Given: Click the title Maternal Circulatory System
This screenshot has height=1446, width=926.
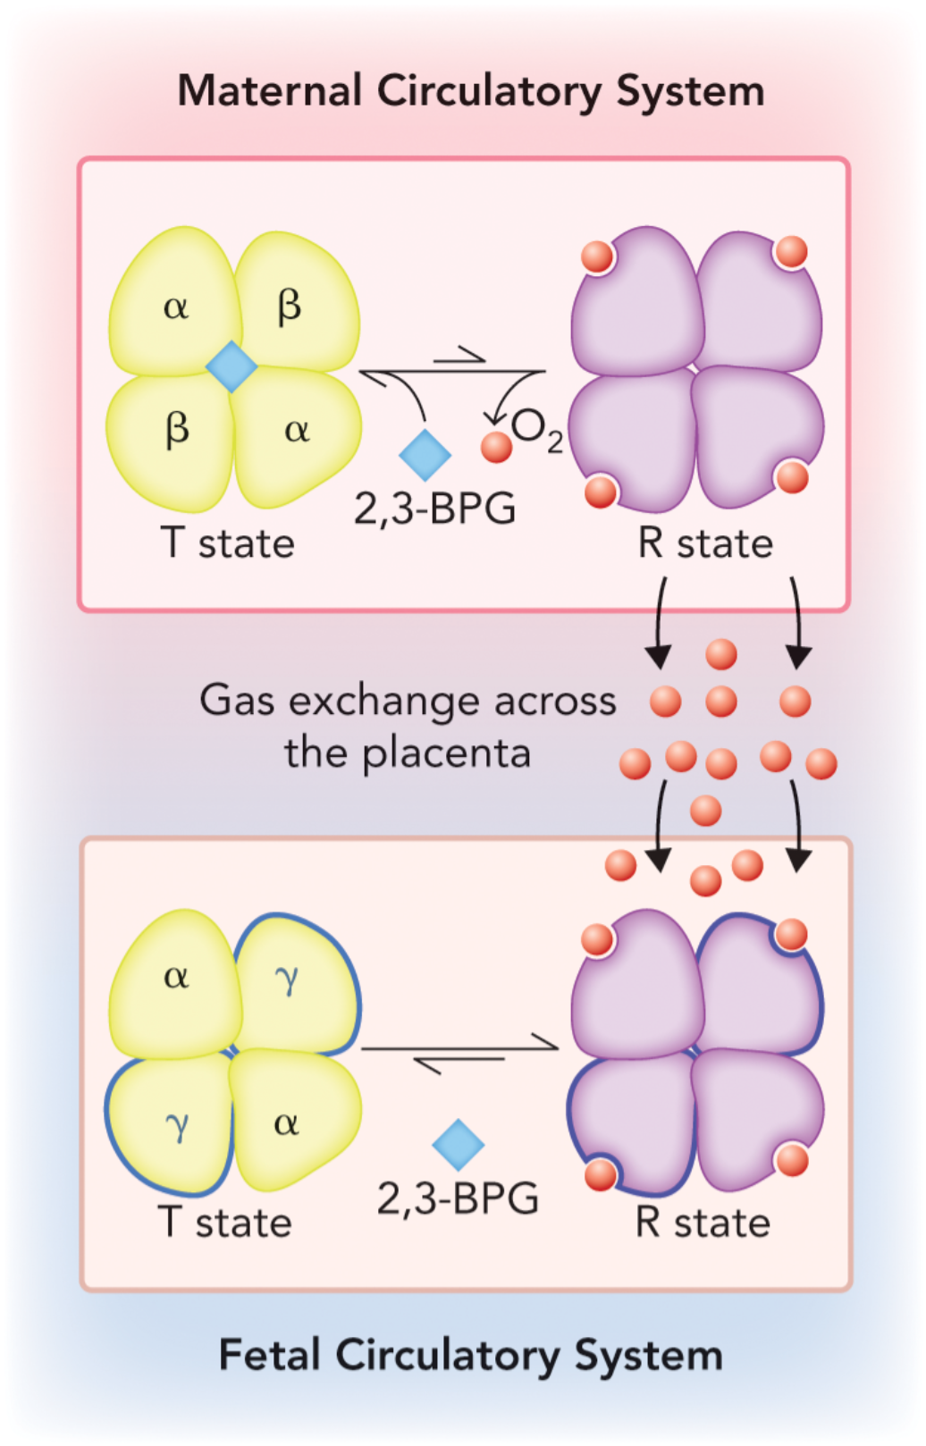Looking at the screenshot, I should coord(471,92).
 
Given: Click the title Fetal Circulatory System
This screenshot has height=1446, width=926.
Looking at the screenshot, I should coord(471,1355).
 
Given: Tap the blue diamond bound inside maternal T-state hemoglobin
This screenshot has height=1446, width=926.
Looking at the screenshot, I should coord(231,366).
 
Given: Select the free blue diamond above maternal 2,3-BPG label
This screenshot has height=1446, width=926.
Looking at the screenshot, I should coord(425,455).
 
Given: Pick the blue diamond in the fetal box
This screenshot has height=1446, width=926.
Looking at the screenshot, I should coord(458,1145).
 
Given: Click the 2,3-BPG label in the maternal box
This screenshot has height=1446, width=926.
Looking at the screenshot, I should coord(435,509).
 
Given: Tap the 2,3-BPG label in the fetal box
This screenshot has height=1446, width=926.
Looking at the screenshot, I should coord(458,1199).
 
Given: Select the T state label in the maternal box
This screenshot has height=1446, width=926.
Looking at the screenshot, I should coord(227,543).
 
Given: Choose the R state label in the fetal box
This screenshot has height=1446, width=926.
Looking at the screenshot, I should coord(703,1223).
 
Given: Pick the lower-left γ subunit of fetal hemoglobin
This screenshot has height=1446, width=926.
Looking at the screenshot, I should coord(176,1124).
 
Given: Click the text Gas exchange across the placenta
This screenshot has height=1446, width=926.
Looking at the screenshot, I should coord(408,726).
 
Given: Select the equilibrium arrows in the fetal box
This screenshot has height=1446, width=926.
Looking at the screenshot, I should coord(459,1053).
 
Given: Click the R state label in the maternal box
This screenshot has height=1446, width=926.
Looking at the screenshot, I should coord(705,543).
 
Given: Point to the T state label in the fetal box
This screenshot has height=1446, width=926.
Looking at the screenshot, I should coord(225,1223).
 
